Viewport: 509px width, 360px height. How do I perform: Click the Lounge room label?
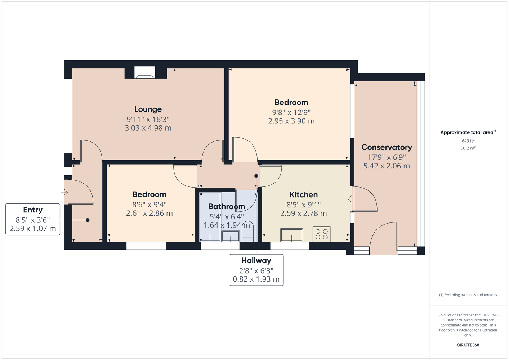pos(148,109)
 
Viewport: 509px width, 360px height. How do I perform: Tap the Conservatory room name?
pos(387,147)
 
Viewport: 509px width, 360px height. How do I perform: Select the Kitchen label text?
pos(303,195)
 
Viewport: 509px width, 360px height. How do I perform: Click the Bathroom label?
pos(227,207)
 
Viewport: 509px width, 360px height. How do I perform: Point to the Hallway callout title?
pos(256,261)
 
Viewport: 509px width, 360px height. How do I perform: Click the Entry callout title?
pos(33,210)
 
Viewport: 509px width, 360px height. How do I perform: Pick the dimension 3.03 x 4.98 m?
pos(148,128)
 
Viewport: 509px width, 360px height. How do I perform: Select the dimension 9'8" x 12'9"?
pos(291,112)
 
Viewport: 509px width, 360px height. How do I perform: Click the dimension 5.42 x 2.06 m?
pos(387,166)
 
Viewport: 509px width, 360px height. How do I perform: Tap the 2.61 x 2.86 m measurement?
pos(149,213)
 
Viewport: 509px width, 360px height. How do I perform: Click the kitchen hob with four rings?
pos(322,234)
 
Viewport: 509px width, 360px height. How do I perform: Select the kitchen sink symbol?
pos(291,235)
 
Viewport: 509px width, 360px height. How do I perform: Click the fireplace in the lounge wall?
pos(145,72)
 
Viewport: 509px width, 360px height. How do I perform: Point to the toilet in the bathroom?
pos(248,231)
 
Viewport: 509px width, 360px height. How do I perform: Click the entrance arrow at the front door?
pos(64,192)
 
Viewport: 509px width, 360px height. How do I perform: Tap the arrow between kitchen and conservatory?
pos(351,199)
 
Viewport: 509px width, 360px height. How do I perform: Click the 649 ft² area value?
pos(468,141)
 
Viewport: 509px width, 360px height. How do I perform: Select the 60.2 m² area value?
pos(468,148)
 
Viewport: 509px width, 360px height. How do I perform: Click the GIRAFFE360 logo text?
pos(468,345)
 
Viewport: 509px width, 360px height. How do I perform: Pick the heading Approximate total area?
pos(468,132)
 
